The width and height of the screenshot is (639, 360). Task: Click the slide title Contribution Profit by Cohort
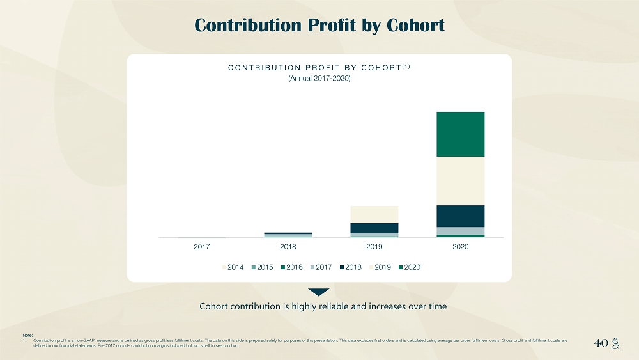[x=319, y=25]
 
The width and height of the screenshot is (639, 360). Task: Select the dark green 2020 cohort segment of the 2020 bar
[x=460, y=134]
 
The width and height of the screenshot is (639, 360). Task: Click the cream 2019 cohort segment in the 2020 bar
[x=460, y=181]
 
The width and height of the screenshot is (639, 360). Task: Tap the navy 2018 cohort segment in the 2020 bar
[x=460, y=216]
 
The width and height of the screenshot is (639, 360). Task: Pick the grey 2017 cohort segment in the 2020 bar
[x=460, y=231]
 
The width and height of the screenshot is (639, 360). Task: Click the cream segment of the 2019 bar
[x=374, y=214]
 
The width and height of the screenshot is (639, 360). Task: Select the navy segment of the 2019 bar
[x=374, y=228]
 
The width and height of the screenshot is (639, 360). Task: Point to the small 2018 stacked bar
[x=288, y=235]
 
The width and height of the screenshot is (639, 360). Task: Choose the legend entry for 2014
[x=233, y=267]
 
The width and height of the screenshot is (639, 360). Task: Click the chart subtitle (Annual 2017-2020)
[x=319, y=79]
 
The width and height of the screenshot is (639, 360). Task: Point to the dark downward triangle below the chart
[x=319, y=292]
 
